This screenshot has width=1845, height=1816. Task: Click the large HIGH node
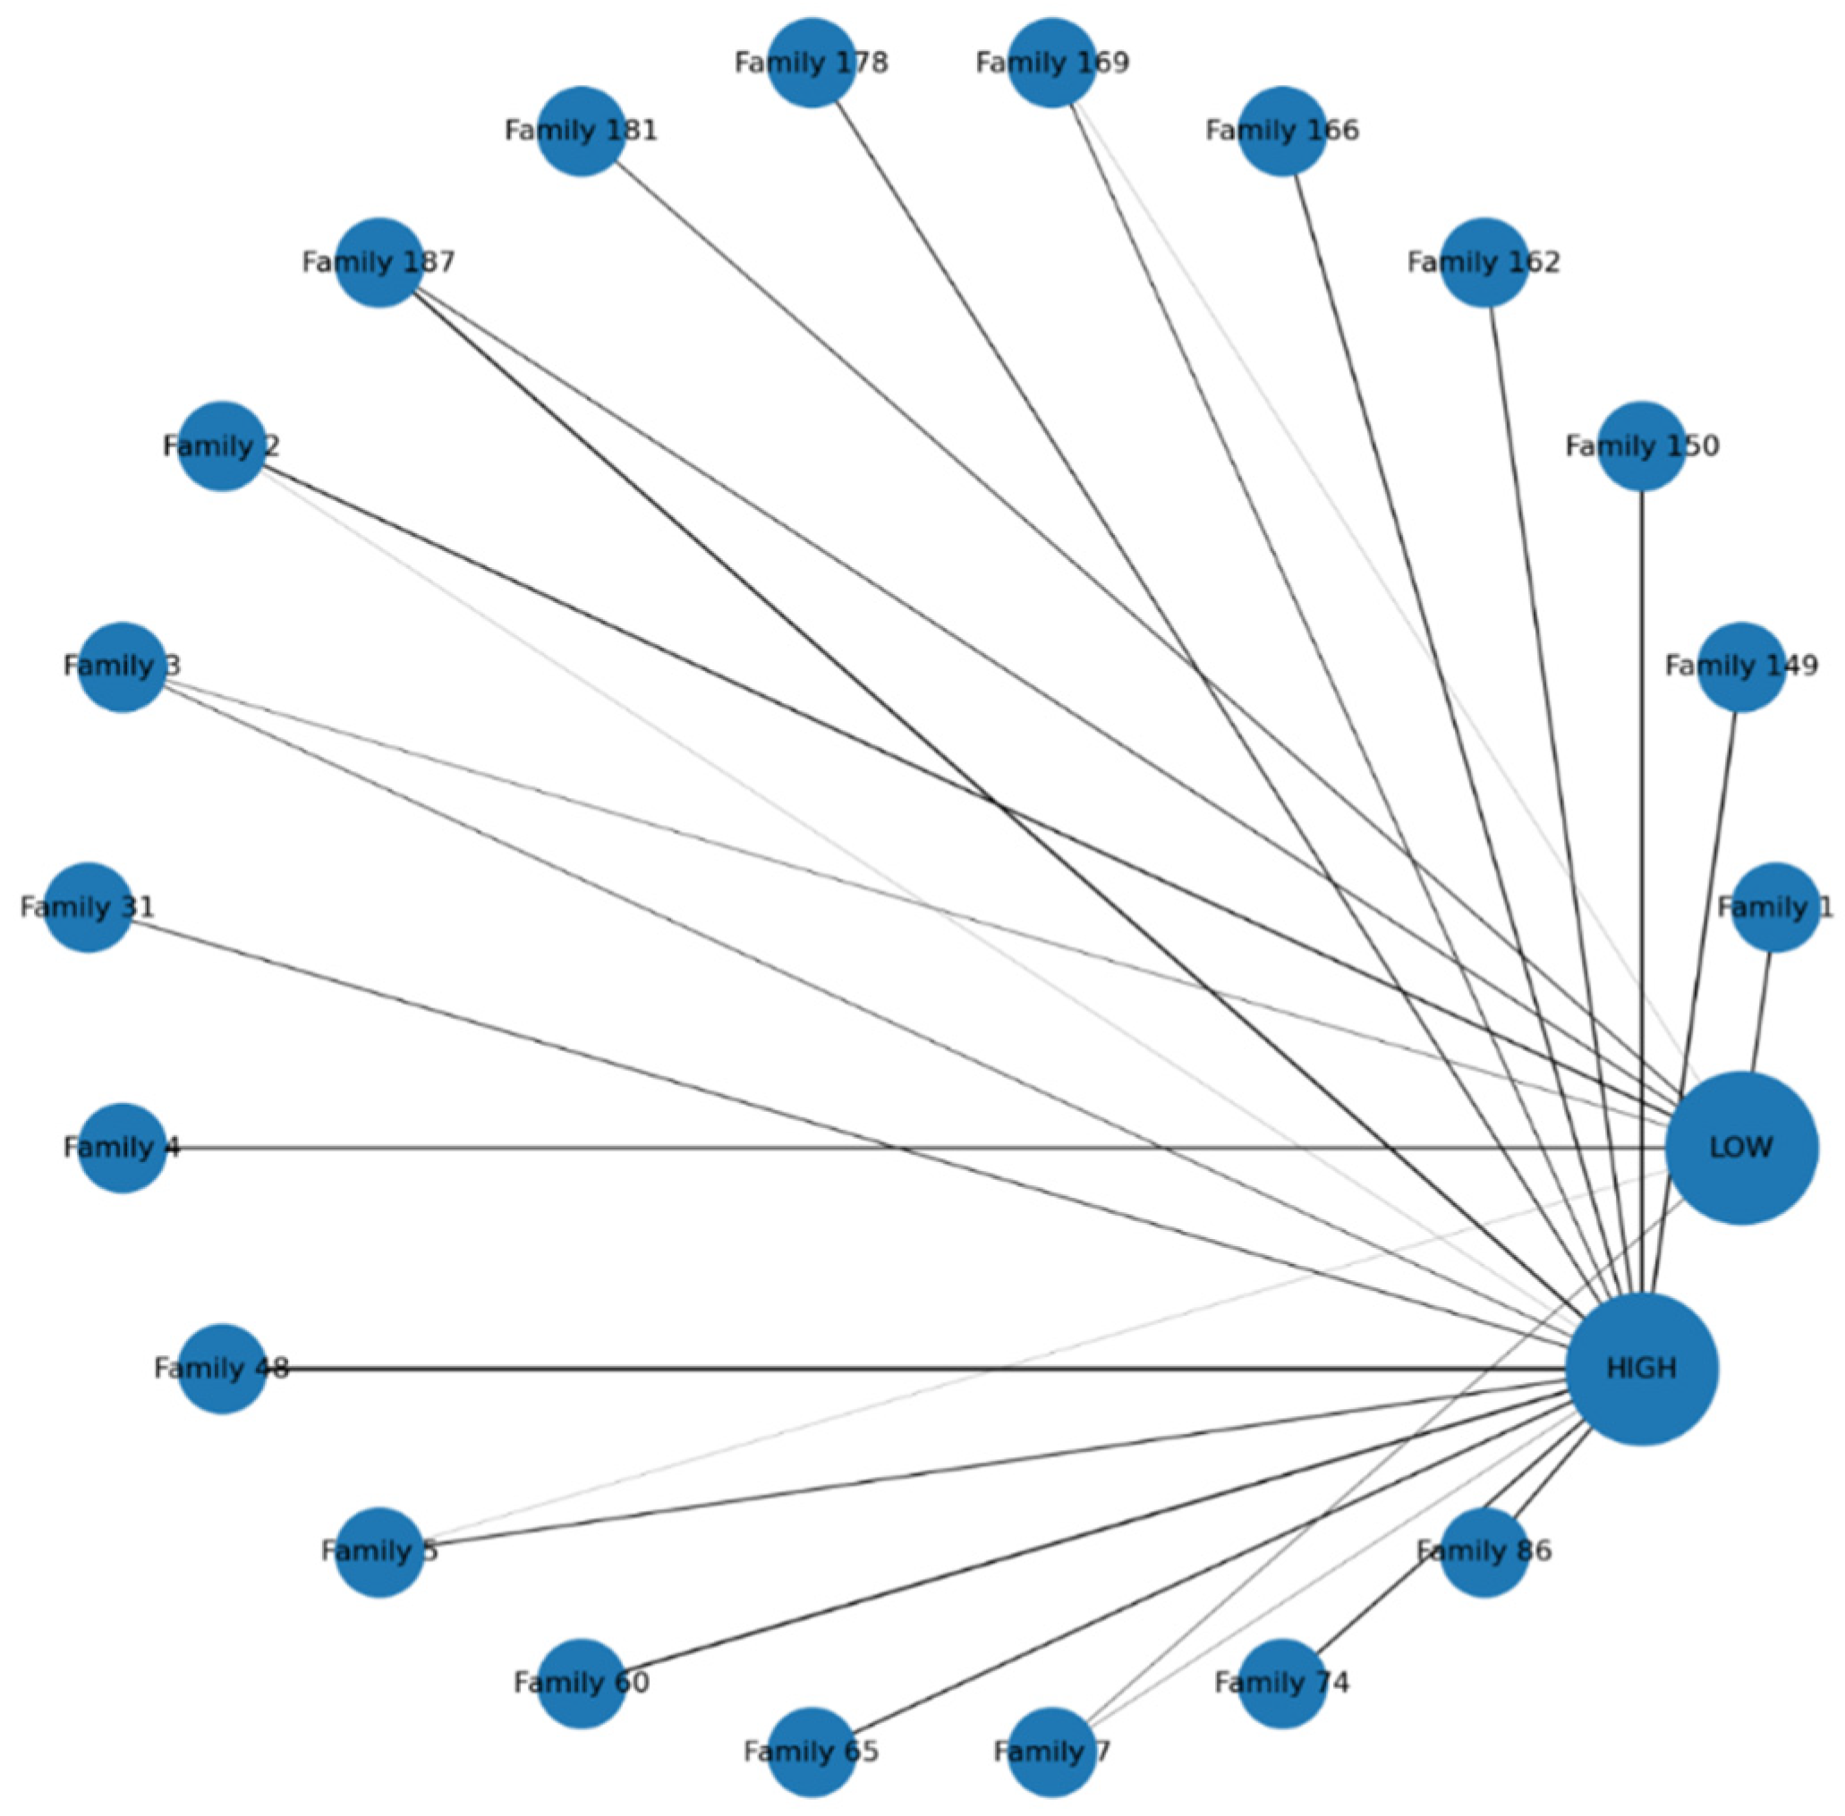point(1641,1369)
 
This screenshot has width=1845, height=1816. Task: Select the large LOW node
point(1741,1148)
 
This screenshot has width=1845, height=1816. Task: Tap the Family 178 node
point(811,63)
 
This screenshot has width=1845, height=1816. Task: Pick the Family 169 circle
point(1051,63)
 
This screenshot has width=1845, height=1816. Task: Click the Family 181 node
point(581,131)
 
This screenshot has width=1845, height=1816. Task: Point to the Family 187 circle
point(378,262)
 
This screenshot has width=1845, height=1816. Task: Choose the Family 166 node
point(1282,131)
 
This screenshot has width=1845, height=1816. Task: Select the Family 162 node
point(1484,262)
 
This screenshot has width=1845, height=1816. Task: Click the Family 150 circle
point(1642,446)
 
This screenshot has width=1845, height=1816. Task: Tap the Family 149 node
point(1741,666)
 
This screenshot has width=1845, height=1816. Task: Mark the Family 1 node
point(1774,907)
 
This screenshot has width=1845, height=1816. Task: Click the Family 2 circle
point(221,446)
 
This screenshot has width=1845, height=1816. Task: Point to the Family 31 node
point(88,907)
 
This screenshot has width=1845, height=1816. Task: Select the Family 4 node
point(122,1148)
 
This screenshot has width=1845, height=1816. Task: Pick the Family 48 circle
point(221,1369)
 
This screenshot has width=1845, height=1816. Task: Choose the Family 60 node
point(581,1684)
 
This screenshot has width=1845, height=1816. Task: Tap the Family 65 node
point(811,1752)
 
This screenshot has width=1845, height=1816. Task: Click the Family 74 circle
point(1282,1684)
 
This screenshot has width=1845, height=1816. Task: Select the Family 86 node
point(1484,1552)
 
